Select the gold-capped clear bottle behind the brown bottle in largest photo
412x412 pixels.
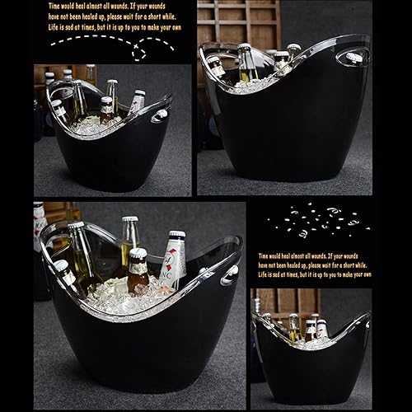click(x=129, y=243)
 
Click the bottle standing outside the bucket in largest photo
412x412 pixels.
click(x=40, y=239)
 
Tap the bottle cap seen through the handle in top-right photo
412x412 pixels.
click(x=354, y=59)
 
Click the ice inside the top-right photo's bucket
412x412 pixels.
click(x=247, y=82)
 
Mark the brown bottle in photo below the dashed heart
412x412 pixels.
click(x=106, y=110)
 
